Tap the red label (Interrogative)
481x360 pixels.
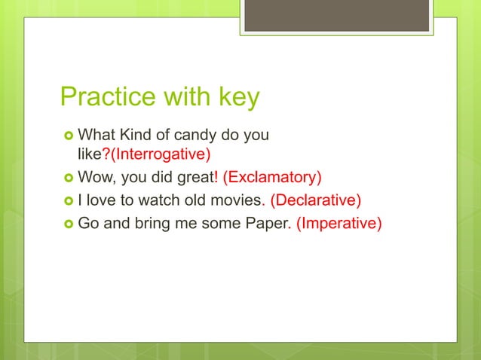coord(161,155)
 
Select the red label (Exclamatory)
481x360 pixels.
coord(272,178)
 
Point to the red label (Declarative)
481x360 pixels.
coord(316,200)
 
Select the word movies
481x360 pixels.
coord(235,200)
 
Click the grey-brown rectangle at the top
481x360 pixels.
coord(336,15)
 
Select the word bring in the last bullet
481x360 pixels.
coord(152,223)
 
